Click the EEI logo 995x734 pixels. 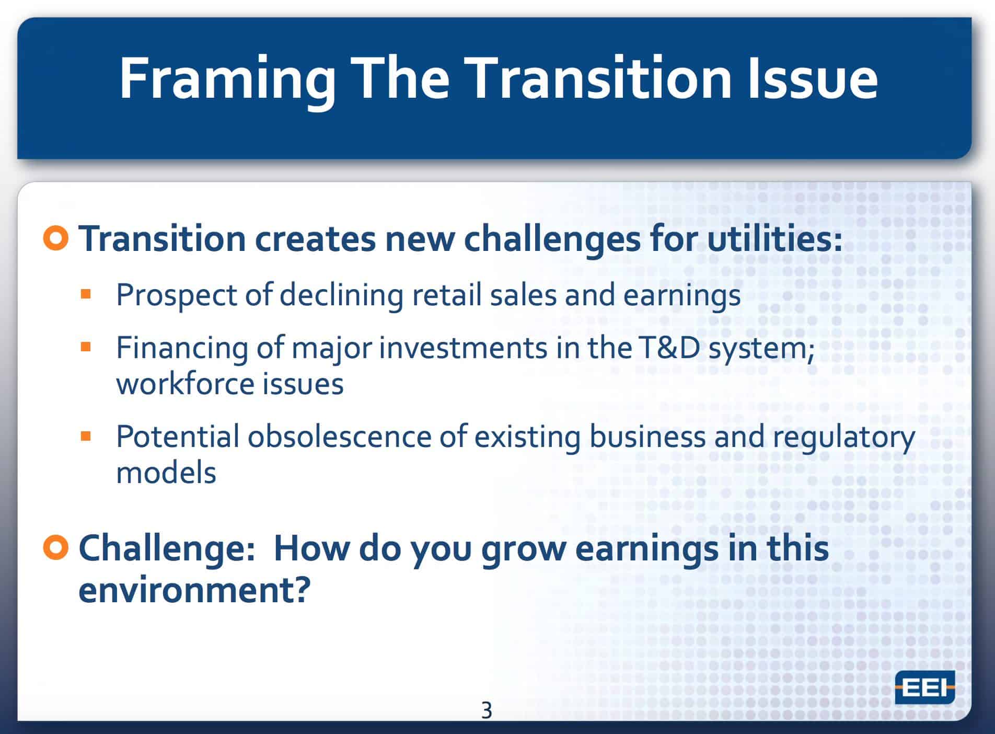(924, 687)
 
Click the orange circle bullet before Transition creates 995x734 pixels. (56, 238)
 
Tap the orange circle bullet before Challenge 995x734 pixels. (56, 548)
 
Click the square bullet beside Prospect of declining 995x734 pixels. (86, 294)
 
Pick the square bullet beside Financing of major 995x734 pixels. (86, 347)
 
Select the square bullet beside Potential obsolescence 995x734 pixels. (86, 436)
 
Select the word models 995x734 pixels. (166, 473)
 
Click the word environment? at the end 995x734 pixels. (194, 590)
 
